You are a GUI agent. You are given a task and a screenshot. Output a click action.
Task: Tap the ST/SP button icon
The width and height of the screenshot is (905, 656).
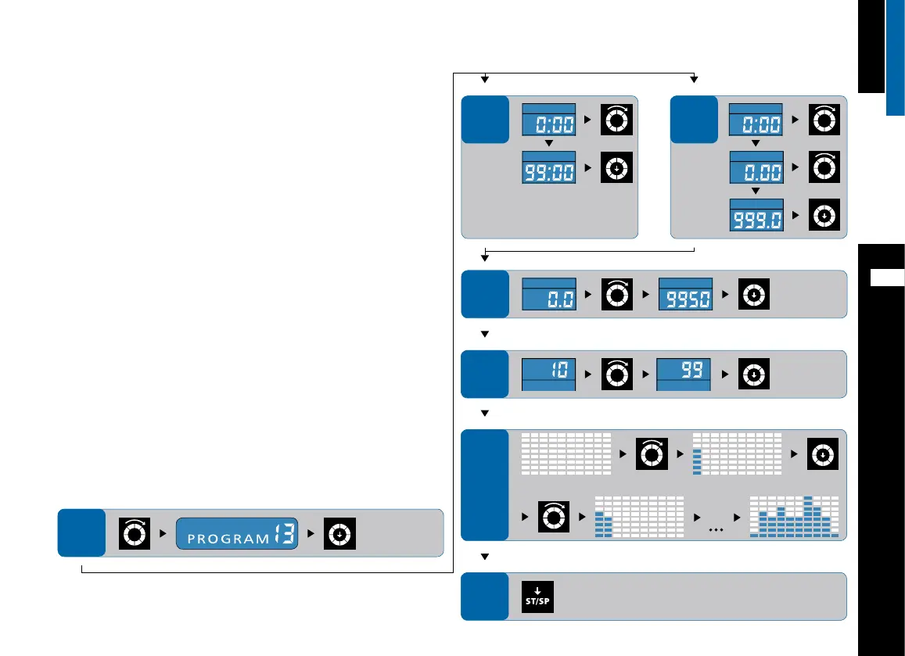pyautogui.click(x=537, y=597)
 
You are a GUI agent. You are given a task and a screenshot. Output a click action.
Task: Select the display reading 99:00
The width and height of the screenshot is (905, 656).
pyautogui.click(x=548, y=167)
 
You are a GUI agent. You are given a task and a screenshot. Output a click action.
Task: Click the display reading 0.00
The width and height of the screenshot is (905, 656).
pyautogui.click(x=756, y=167)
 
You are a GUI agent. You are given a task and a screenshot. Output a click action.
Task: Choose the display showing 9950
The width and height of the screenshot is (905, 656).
pyautogui.click(x=685, y=293)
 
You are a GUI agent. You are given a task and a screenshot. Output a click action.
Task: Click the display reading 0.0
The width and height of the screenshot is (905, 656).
pyautogui.click(x=548, y=293)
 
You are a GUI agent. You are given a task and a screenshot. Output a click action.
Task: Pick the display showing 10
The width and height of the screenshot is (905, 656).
pyautogui.click(x=548, y=373)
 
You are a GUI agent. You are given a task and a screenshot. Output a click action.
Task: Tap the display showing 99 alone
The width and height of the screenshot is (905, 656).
pyautogui.click(x=683, y=373)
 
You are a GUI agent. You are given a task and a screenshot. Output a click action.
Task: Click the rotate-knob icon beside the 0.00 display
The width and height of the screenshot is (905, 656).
pyautogui.click(x=824, y=167)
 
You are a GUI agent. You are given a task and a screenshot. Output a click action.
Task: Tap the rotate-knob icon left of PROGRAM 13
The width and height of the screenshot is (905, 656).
pyautogui.click(x=133, y=533)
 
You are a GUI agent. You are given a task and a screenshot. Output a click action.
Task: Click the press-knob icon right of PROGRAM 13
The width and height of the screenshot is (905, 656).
pyautogui.click(x=340, y=533)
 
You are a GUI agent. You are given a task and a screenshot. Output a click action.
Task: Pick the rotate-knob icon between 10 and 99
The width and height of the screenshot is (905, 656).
pyautogui.click(x=617, y=374)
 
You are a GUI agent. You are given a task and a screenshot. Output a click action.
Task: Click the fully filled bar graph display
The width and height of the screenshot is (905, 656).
pyautogui.click(x=793, y=517)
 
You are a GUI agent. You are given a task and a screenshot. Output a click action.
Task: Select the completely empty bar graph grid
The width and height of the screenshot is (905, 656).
pyautogui.click(x=566, y=452)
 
